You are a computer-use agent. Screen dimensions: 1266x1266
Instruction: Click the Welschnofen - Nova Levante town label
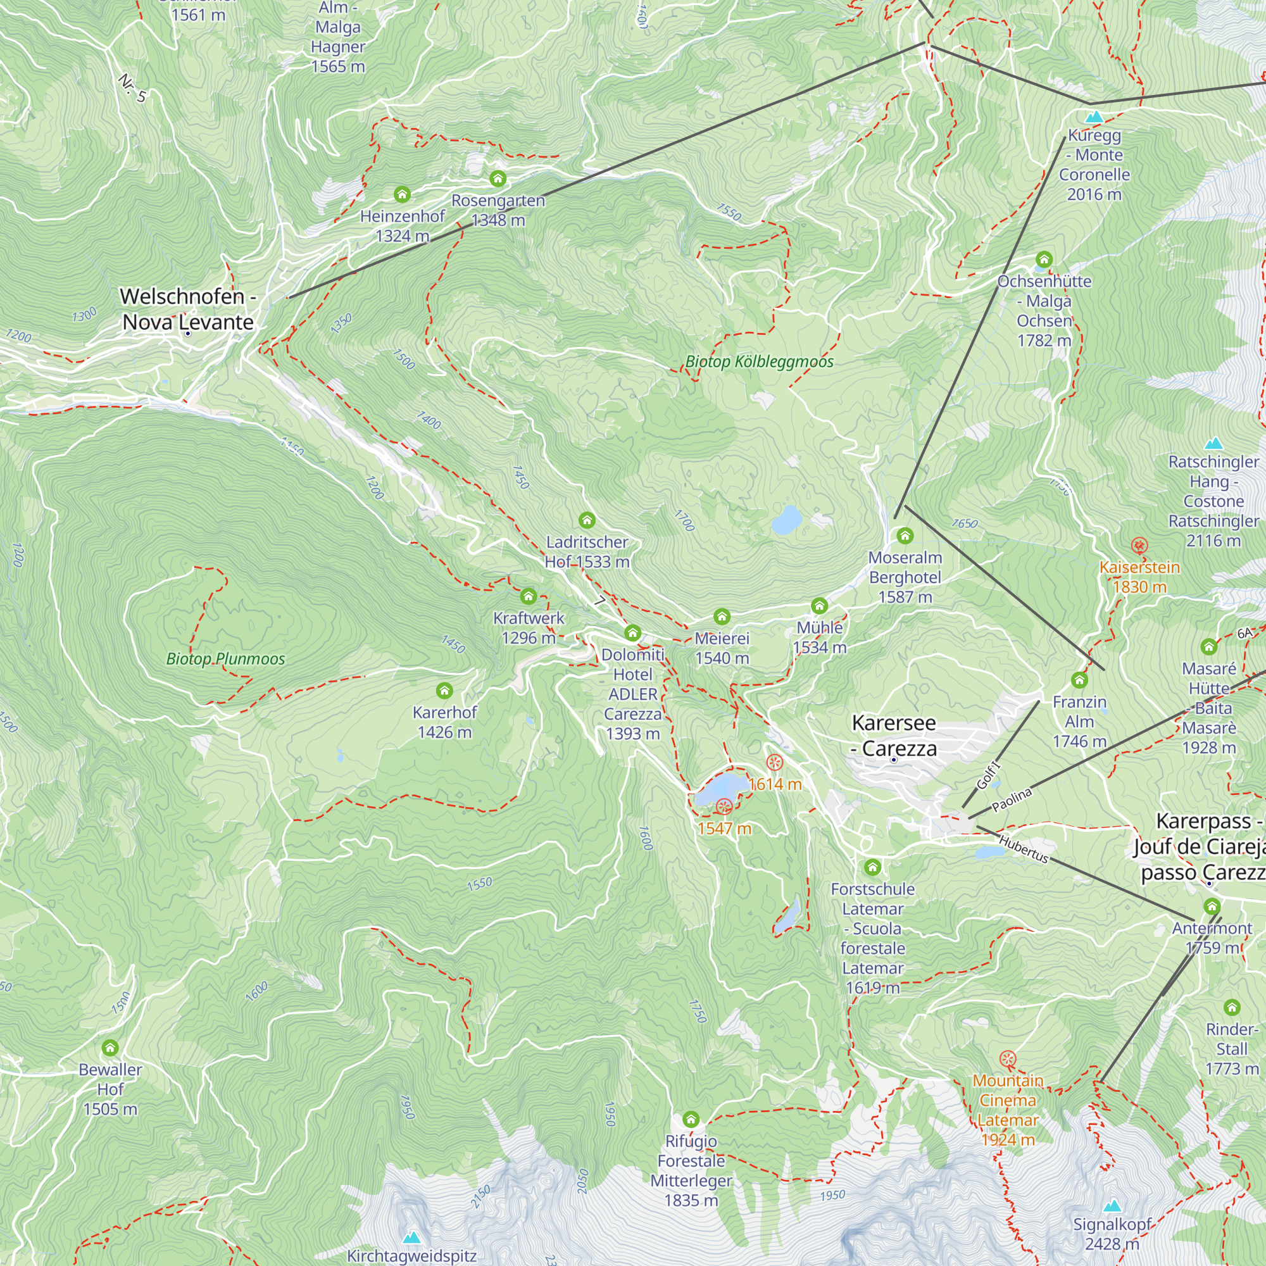pos(187,310)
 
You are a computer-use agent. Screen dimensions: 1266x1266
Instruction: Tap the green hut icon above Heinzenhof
pos(402,194)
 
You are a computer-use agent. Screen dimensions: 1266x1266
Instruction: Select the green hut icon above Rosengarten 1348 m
pos(498,179)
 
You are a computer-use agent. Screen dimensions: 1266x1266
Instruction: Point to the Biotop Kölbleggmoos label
pos(759,361)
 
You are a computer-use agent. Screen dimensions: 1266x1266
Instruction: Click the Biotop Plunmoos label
pos(225,658)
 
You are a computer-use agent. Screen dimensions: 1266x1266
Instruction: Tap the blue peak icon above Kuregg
pos(1094,117)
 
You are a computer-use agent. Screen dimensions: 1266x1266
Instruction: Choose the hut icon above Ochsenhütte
pos(1044,260)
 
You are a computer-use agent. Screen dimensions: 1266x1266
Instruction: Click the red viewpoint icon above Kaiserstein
pos(1139,545)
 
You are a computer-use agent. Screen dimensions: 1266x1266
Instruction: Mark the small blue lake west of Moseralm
pos(786,520)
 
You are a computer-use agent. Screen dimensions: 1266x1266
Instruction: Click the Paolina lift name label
pos(1012,799)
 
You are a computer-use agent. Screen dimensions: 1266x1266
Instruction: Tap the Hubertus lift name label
pos(1024,849)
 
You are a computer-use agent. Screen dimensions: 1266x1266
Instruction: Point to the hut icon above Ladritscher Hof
pos(587,520)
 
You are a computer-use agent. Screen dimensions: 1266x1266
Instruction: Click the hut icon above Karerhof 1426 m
pos(444,690)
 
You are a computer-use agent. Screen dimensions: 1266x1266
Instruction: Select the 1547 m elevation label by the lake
pos(724,828)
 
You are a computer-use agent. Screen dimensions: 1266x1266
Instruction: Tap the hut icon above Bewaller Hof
pos(110,1048)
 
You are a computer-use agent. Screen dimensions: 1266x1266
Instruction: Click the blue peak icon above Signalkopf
pos(1112,1206)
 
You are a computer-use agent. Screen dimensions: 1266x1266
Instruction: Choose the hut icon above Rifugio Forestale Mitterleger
pos(691,1119)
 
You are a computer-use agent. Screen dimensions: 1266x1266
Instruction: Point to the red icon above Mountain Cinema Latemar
pos(1008,1059)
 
